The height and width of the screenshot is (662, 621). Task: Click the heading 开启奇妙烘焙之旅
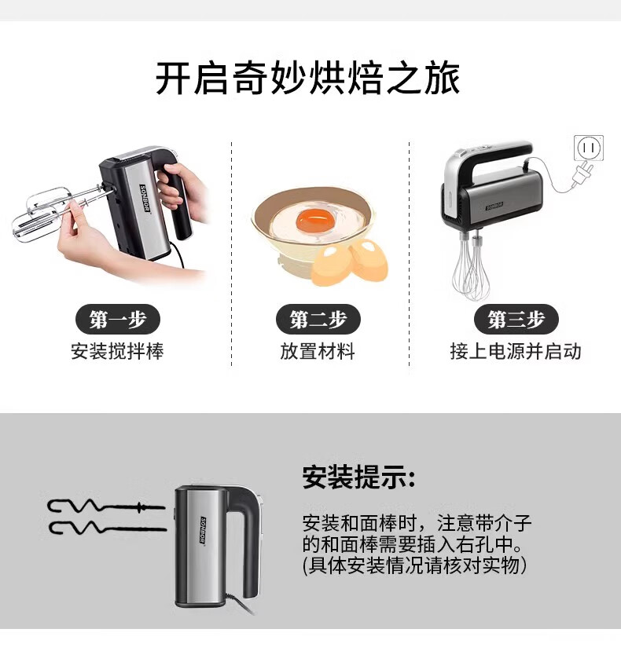308,79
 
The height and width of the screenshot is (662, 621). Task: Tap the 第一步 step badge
118,319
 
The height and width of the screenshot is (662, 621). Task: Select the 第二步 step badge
318,319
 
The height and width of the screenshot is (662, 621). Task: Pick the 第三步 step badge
516,319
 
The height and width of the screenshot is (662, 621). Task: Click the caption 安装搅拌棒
117,351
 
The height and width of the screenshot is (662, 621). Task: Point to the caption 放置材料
318,351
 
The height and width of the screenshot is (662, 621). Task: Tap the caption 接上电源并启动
516,351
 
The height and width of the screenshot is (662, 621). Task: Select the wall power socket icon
589,148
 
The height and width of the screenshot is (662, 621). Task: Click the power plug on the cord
582,174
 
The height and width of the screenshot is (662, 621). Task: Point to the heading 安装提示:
358,477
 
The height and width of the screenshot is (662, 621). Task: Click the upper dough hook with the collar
105,507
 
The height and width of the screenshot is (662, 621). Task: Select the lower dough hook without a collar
108,528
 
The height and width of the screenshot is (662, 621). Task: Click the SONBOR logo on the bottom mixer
203,530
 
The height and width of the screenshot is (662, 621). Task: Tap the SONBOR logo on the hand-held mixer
145,199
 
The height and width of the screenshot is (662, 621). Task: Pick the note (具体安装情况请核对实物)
415,565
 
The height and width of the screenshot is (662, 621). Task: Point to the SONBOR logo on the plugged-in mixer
494,206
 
